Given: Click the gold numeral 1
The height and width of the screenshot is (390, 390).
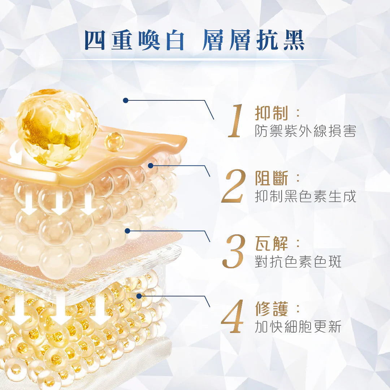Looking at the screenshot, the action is [235, 121].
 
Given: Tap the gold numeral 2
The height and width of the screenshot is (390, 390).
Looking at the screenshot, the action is [233, 186].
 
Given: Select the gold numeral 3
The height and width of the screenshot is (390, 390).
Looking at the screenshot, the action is [234, 251].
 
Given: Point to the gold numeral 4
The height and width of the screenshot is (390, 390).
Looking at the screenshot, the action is [232, 316].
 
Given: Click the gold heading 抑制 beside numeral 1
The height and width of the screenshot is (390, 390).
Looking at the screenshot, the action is [271, 113].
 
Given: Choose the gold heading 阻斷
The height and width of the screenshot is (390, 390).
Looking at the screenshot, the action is [271, 178].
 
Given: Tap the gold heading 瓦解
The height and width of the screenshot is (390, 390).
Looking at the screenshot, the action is [271, 243].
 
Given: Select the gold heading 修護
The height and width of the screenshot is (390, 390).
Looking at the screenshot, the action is [271, 309].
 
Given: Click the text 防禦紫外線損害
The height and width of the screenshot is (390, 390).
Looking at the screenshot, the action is [305, 131].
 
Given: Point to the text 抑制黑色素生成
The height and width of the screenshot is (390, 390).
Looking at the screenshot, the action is [305, 196].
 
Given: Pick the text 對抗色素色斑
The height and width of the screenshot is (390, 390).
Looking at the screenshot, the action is [298, 261].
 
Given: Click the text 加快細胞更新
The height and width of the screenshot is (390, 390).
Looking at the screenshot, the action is [298, 326].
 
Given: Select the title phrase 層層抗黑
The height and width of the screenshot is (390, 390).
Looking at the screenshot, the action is [254, 40].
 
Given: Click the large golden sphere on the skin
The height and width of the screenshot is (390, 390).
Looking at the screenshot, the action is [57, 128].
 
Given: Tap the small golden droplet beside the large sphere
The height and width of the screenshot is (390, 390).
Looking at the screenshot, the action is [114, 142].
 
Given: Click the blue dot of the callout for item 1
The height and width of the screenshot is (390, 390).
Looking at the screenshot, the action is [126, 100].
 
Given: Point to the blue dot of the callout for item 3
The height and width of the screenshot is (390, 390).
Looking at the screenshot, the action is [127, 231].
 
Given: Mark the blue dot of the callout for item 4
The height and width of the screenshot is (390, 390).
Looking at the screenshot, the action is [139, 296].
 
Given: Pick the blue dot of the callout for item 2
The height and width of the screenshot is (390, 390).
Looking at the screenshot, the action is [151, 166].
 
